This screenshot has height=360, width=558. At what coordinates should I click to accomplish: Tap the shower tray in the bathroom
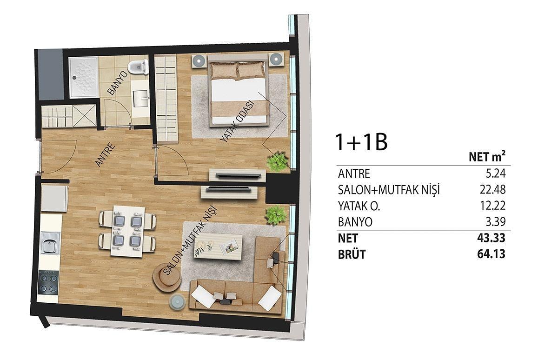84,77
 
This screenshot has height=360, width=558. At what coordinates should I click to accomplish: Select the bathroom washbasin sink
141,98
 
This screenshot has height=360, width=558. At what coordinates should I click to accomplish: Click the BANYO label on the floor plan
118,83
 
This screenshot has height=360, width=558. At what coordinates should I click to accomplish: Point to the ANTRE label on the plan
106,154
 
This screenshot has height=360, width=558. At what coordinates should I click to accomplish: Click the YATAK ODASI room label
238,121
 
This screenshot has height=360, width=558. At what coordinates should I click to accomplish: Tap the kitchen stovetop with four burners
48,282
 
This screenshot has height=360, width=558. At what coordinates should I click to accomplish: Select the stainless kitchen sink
50,243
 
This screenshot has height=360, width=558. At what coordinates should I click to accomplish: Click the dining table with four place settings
127,231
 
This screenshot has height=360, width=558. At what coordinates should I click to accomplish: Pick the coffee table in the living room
218,247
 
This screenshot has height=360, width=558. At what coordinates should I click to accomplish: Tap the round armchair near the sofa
167,277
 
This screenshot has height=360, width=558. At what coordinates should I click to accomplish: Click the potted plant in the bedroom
277,161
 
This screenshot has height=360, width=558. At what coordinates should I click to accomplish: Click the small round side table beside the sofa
177,302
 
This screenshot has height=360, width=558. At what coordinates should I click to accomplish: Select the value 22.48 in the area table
493,190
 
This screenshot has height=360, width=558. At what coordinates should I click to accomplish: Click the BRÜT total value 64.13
491,254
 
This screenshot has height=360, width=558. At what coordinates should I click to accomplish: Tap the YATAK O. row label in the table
359,206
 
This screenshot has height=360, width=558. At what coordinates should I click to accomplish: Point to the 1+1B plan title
362,142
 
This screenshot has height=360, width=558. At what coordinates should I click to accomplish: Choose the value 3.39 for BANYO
496,222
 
